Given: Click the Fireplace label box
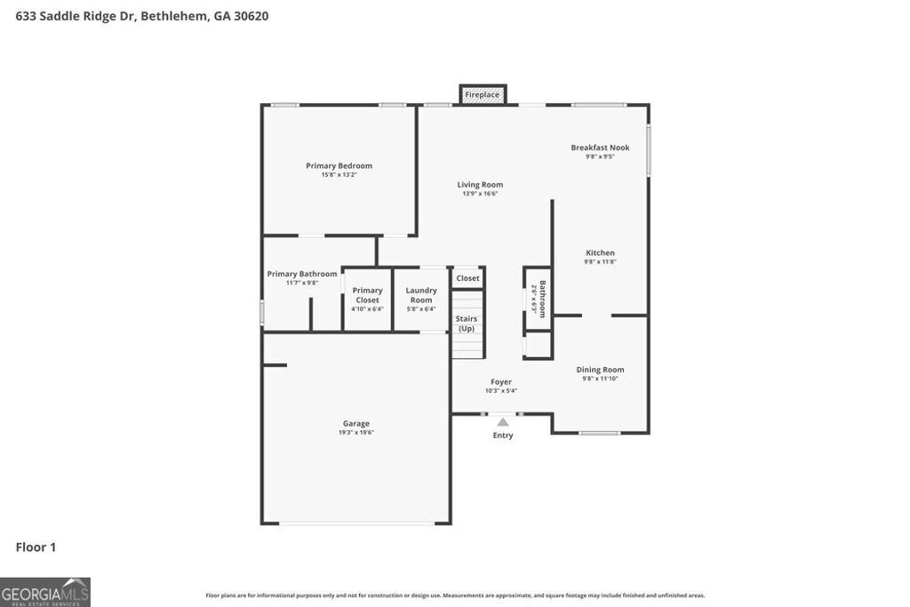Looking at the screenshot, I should point(483,94).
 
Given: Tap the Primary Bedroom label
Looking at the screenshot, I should point(339,165).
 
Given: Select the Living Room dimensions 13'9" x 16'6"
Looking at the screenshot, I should point(480,194).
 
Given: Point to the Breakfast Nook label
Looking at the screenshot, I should point(600,148).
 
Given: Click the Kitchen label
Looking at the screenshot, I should point(600,252).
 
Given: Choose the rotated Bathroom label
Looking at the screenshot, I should point(542,299).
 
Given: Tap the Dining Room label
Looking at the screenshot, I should point(600,370).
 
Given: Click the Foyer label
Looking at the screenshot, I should point(501,382).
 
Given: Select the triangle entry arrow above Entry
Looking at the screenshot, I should point(503,422).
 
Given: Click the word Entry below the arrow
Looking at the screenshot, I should point(503,435).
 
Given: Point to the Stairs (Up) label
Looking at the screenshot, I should point(467,323).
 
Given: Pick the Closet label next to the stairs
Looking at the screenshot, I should point(467,278).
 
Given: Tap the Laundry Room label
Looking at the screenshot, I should point(421,295).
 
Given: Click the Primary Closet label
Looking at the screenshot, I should point(367,295).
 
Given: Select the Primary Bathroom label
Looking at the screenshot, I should point(302,274).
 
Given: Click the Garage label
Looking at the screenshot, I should point(356,424).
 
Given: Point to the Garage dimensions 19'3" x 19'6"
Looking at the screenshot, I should point(356,433).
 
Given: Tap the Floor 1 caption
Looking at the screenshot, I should point(36,547).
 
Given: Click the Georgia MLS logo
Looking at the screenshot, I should point(45,592).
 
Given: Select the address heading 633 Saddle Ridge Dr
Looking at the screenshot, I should point(142,16).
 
